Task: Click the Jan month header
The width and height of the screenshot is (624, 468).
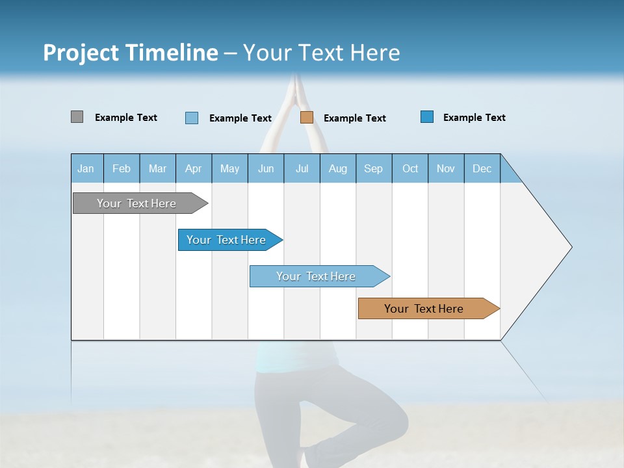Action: pos(86,168)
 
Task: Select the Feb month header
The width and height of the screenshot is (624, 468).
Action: pos(122,168)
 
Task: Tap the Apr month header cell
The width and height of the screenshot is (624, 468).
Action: pos(194,168)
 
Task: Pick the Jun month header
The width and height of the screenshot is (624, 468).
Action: pos(266,168)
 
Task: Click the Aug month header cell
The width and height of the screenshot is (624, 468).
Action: pos(338,168)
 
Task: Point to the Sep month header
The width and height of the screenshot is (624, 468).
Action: pos(374,168)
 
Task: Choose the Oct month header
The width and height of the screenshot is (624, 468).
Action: pos(410,168)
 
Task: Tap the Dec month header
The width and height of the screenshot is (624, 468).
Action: pos(482,168)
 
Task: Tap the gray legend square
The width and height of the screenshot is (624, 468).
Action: pos(77,117)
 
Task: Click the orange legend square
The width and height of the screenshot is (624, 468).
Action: pos(307,118)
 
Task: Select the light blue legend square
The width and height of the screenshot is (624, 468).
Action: pos(192,118)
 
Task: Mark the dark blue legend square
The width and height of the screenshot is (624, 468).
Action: pos(427,117)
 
